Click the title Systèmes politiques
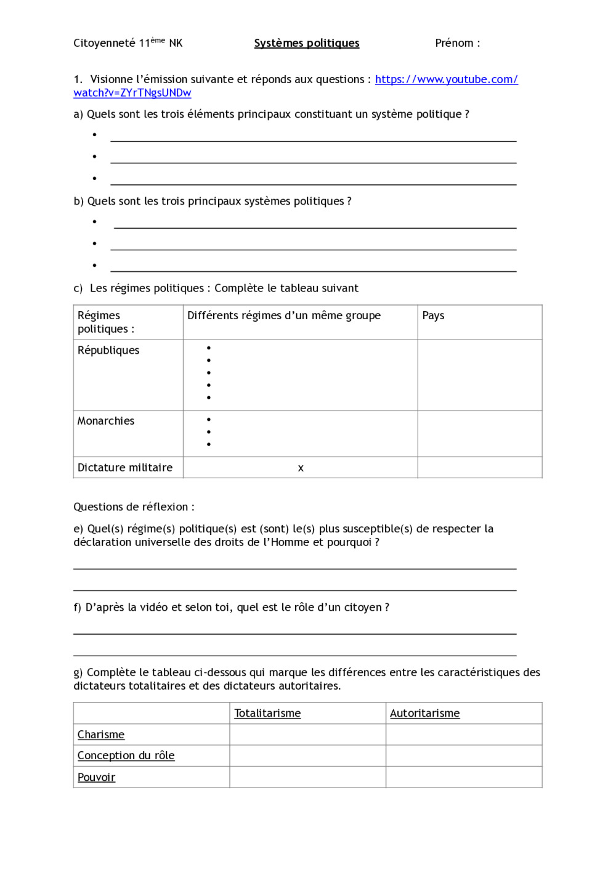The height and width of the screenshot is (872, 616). (307, 43)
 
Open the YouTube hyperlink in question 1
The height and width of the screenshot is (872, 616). (446, 79)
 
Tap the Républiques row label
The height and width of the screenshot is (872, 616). (108, 351)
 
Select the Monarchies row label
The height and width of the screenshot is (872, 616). (106, 421)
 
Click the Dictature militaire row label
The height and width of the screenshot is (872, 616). (125, 468)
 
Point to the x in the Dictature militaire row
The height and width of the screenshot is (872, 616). (301, 468)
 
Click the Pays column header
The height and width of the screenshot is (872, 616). (433, 316)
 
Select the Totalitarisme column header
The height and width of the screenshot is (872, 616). (267, 714)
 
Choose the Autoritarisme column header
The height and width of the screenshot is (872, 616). (424, 714)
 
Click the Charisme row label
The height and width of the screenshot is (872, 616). (101, 735)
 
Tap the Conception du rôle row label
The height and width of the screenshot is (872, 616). (126, 756)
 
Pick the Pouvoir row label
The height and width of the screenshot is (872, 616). (96, 778)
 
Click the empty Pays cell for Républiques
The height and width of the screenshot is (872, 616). (480, 375)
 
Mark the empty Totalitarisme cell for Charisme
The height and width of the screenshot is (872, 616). (307, 735)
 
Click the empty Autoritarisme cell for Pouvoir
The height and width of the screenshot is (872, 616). (464, 777)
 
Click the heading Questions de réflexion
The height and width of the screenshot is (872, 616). (134, 507)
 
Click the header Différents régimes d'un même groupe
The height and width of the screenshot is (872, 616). (284, 316)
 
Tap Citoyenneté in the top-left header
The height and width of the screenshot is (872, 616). (104, 43)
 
